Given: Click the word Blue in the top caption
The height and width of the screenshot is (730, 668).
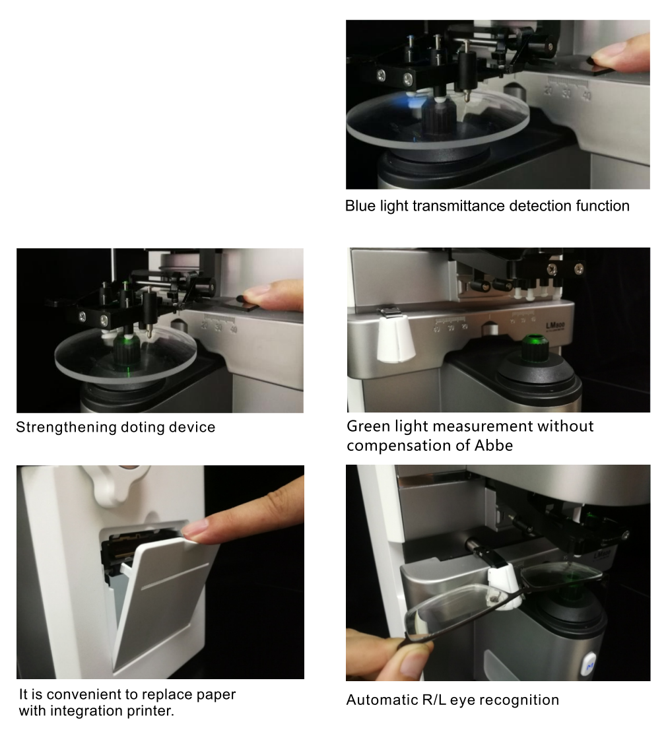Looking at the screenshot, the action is pos(360,206).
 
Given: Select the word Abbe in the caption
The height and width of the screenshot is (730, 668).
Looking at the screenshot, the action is pos(494,446).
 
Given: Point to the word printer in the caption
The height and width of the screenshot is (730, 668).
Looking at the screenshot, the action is pos(150,711).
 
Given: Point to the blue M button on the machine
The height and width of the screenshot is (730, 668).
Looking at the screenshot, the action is pos(590,666).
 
